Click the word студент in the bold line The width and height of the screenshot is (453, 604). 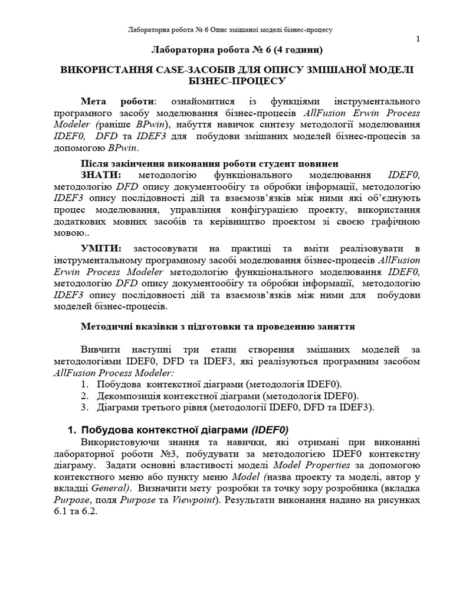pyautogui.click(x=280, y=163)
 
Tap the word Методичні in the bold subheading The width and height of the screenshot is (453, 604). pyautogui.click(x=106, y=326)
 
